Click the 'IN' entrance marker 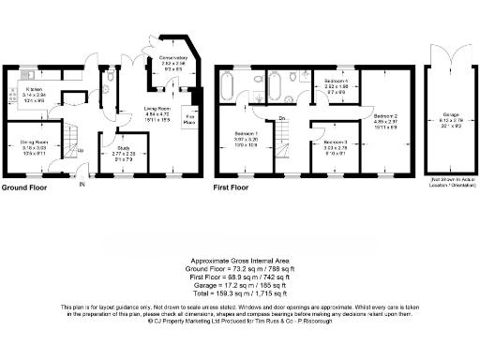coord(81,183)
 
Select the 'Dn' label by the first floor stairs coord(281,118)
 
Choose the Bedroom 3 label coord(336,144)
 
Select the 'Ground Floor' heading coord(25,187)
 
